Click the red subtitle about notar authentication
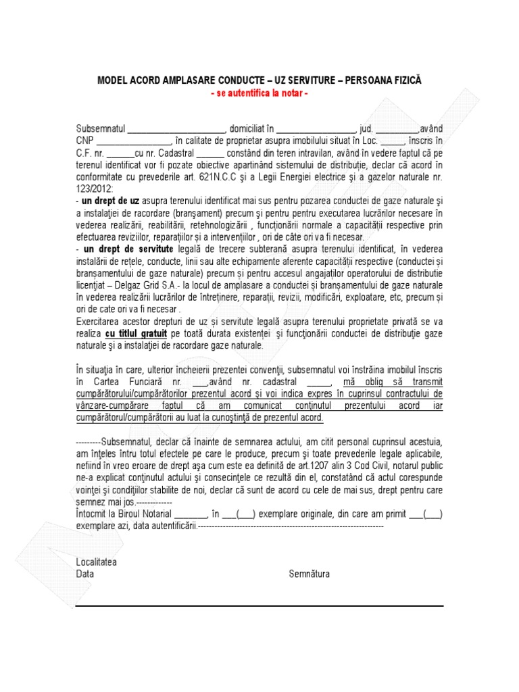point(259,92)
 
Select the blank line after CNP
point(134,141)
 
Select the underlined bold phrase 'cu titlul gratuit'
point(136,334)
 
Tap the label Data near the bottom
point(85,574)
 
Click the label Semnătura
point(309,574)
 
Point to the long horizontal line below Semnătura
point(259,606)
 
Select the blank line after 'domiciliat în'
point(316,128)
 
